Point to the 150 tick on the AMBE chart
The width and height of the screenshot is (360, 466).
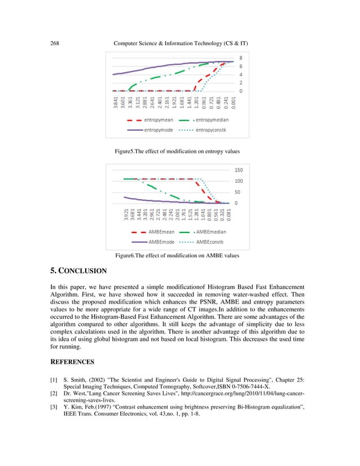tap(239, 169)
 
